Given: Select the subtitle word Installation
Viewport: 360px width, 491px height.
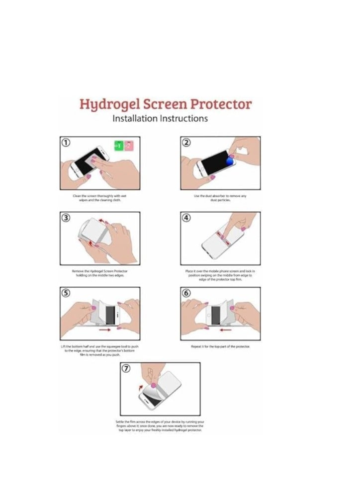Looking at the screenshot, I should pos(135,119).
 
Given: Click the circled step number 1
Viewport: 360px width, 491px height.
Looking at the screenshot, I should pos(65,143).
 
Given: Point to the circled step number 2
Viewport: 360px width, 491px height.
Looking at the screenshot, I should pos(186,143).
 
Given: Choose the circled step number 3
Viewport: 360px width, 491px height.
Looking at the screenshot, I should pos(65,218).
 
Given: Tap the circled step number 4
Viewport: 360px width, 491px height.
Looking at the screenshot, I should pos(186,218).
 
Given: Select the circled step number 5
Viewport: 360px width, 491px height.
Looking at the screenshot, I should pos(65,293).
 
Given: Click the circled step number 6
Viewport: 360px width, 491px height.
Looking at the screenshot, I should pos(186,293).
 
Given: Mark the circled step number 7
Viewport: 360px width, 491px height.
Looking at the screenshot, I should pos(126,369).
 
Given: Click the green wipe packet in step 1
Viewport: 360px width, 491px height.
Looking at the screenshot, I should pos(118,146).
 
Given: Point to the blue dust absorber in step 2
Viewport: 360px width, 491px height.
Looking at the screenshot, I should pos(230,162).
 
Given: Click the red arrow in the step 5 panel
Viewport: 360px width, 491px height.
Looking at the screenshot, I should pos(105,328).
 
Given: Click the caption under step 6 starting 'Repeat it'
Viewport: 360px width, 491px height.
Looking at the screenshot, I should pos(220,346).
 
